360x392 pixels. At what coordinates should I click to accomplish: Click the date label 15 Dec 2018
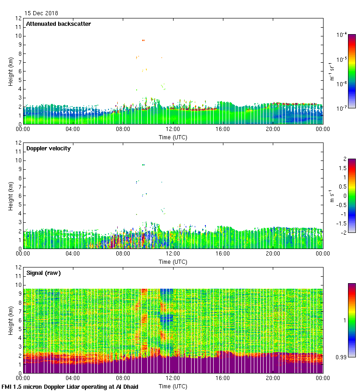pos(41,13)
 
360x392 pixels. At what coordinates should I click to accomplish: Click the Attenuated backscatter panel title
pos(58,24)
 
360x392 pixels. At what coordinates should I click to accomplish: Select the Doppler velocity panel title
pos(48,148)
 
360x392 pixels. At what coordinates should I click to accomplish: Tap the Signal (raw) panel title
pos(43,273)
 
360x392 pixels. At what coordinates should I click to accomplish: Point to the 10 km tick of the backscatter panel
pos(18,36)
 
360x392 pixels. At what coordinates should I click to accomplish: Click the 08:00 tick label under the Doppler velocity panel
pos(123,253)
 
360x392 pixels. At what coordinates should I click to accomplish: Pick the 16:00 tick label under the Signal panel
pos(222,378)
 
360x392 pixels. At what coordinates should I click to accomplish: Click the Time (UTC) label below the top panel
pos(173,137)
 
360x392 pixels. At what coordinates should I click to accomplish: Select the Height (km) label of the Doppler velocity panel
pos(11,196)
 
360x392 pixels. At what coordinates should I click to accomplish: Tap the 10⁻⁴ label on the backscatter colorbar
pos(342,35)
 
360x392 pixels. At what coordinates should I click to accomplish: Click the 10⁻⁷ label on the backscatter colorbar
pos(342,108)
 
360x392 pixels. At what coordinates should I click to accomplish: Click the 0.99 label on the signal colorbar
pos(342,356)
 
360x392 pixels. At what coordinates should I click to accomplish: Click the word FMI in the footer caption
pos(7,386)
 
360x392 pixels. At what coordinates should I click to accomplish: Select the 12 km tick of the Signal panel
pos(18,267)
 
